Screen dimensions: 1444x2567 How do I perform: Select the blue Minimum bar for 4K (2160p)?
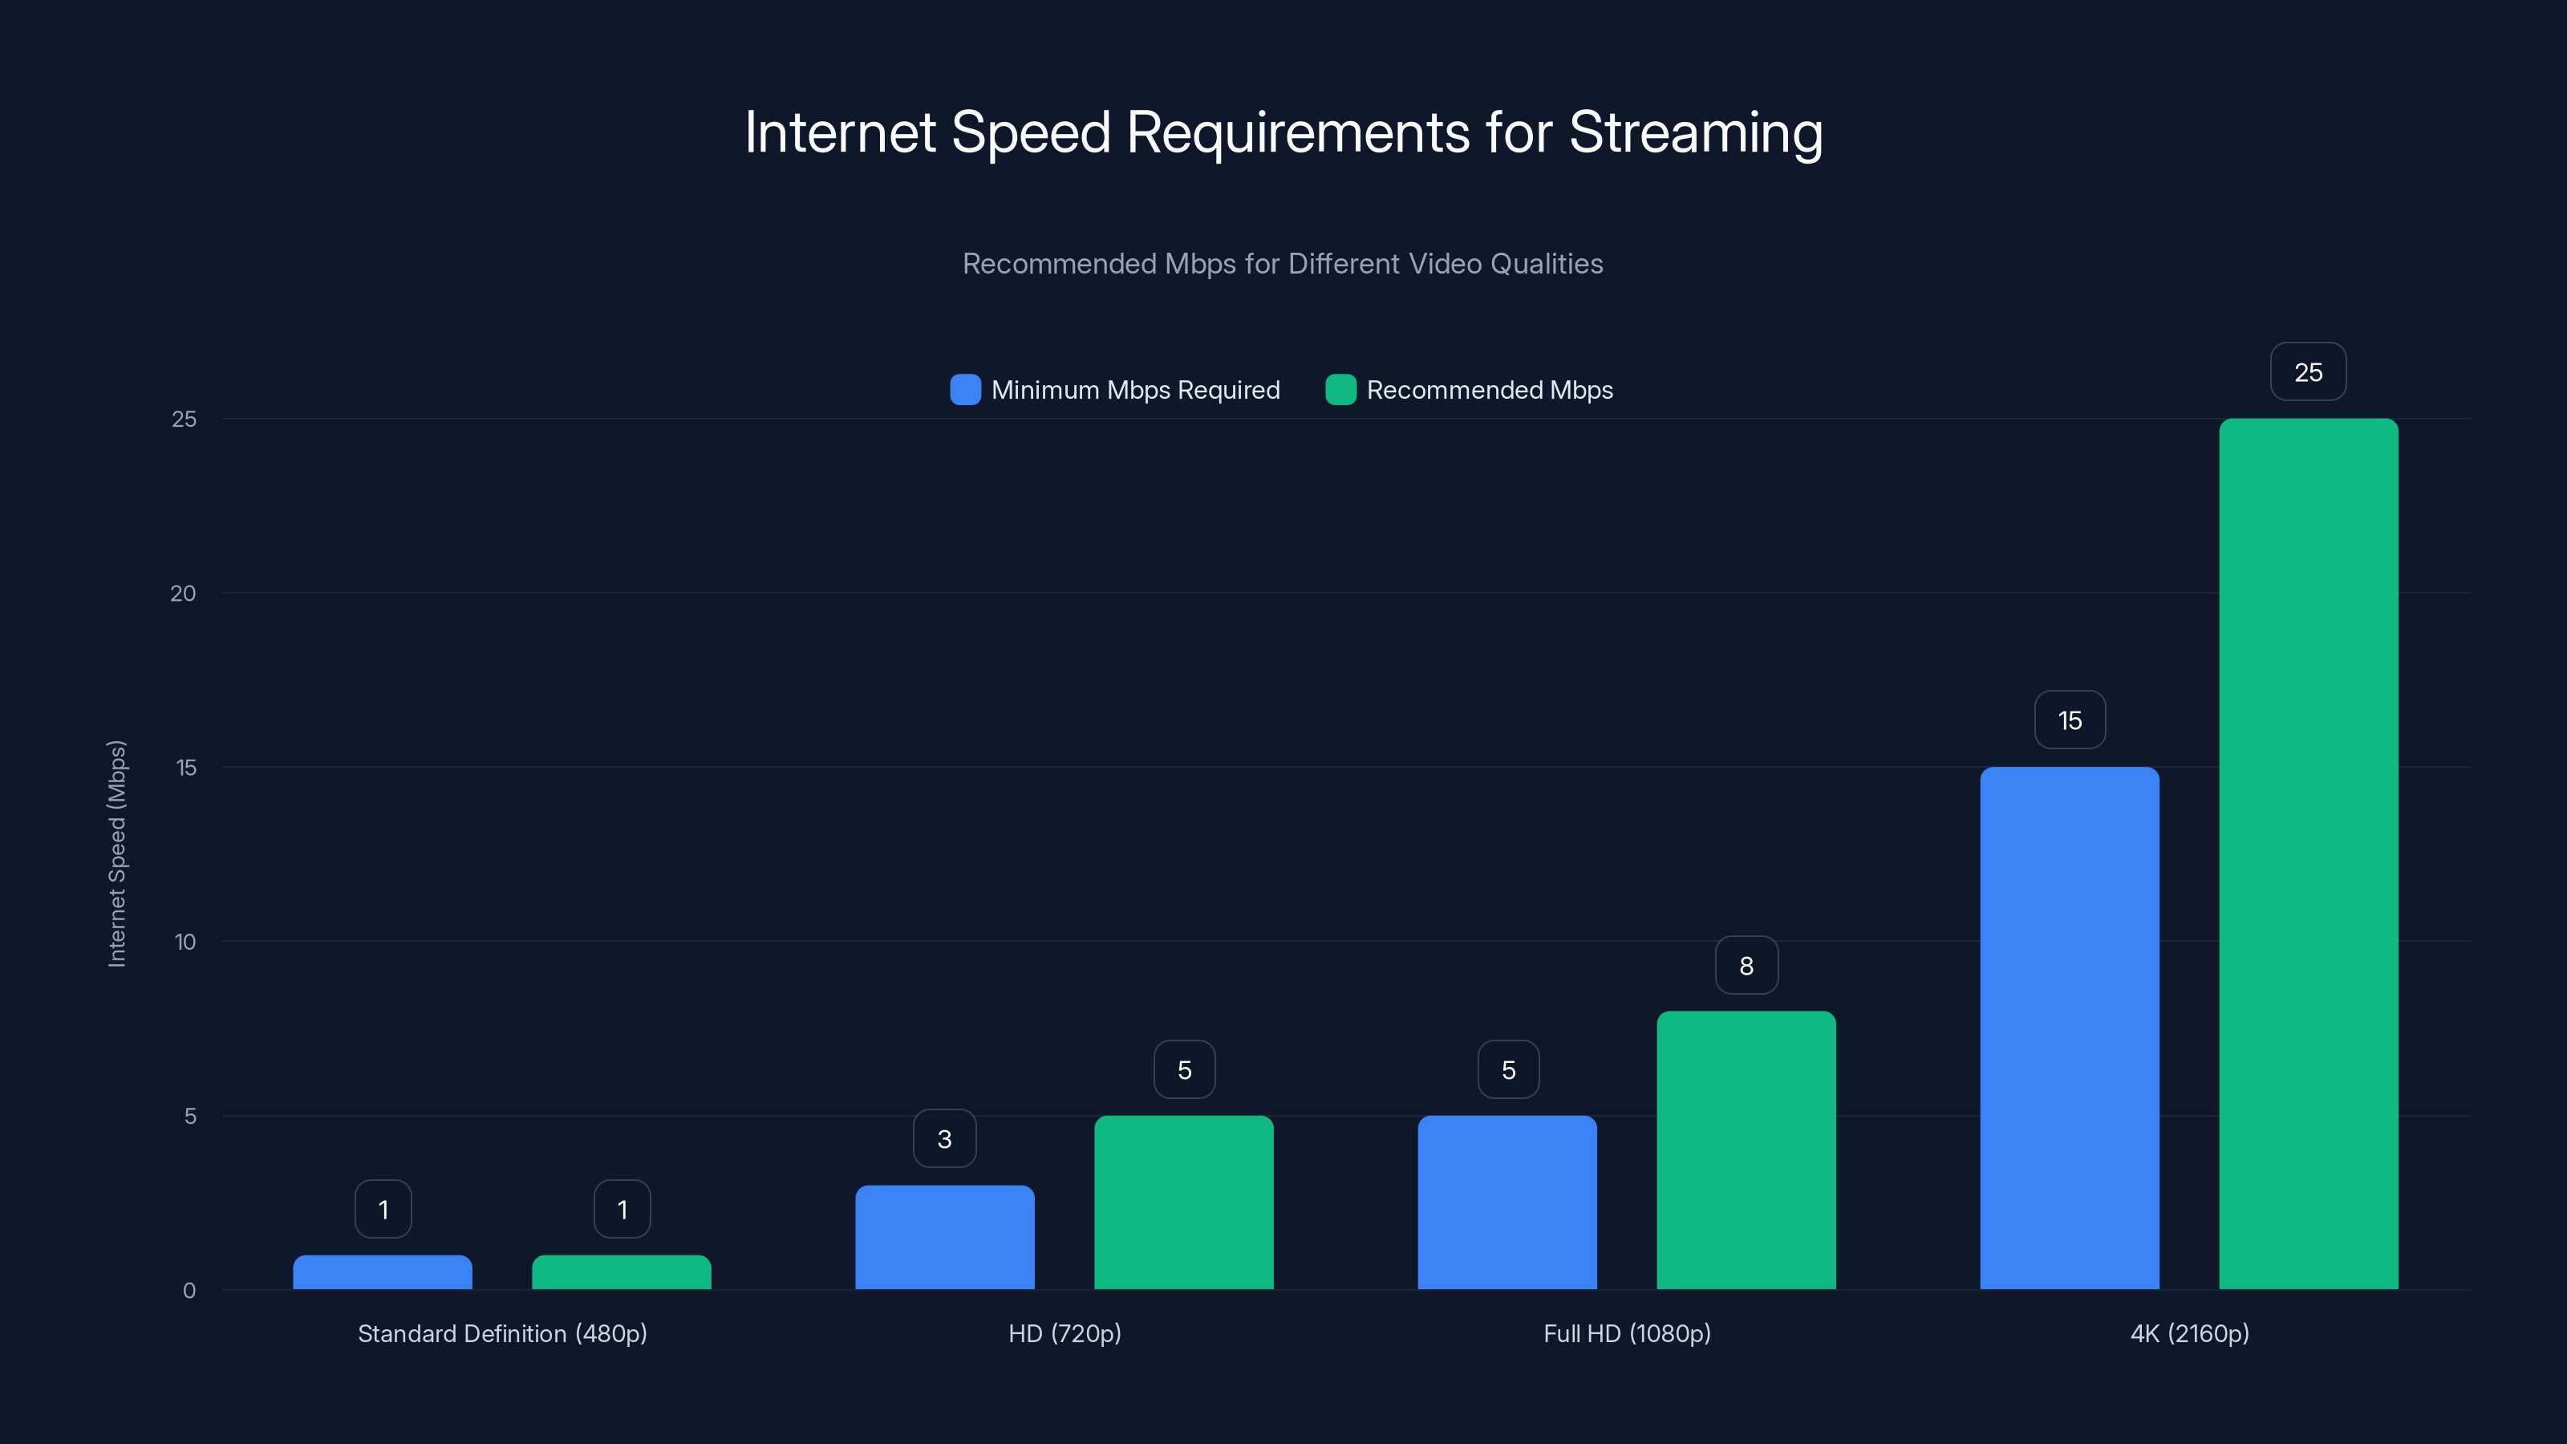coord(2069,1028)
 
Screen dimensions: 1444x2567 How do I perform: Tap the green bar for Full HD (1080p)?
coord(1746,1150)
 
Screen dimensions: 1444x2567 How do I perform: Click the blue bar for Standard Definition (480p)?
coord(383,1272)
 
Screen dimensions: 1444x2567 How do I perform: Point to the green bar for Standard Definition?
coord(622,1272)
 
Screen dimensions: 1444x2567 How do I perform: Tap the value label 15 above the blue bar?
coord(2070,720)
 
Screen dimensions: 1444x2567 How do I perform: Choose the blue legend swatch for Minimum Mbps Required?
coord(964,390)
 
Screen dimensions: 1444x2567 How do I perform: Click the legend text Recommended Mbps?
coord(1489,390)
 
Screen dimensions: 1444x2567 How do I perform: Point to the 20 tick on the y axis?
coord(184,593)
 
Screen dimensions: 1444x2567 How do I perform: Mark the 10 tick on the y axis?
coord(185,942)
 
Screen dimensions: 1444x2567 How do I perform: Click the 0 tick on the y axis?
coord(189,1291)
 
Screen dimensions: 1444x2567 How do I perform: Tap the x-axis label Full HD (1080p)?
coord(1626,1333)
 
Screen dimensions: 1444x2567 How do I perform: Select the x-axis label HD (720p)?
coord(1065,1333)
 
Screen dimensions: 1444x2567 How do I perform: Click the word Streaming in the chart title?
coord(1695,132)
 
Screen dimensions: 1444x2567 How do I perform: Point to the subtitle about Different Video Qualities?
coord(1283,264)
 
